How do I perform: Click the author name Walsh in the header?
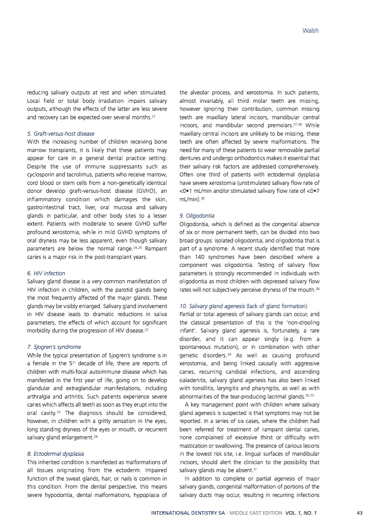click(310, 31)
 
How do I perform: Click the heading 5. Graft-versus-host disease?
click(61, 133)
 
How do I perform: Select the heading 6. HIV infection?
click(46, 273)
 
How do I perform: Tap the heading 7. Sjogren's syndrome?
click(54, 347)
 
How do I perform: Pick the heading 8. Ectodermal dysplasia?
click(55, 454)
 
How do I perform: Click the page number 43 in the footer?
click(359, 513)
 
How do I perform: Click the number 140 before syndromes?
click(199, 257)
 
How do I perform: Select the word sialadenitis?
click(194, 379)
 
